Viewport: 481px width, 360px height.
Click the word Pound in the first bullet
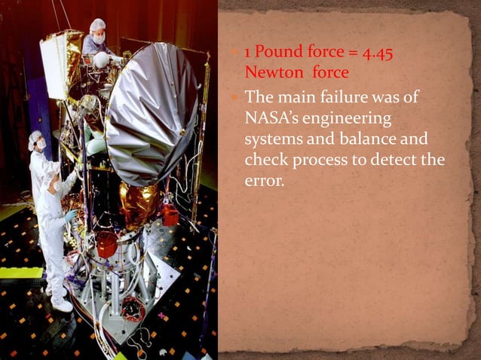click(283, 53)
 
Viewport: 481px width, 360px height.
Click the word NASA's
click(275, 119)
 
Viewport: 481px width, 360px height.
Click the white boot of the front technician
click(63, 304)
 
